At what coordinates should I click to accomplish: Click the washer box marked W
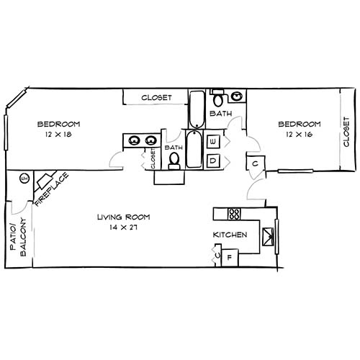click(213, 142)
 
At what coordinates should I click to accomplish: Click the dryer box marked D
click(213, 161)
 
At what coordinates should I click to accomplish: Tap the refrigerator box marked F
click(230, 257)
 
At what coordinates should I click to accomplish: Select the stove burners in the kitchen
click(234, 213)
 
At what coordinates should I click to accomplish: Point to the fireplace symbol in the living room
click(47, 180)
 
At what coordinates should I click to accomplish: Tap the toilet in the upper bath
click(219, 97)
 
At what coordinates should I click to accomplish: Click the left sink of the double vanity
click(132, 140)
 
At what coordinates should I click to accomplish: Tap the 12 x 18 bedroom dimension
click(58, 134)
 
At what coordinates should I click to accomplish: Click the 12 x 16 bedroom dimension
click(300, 135)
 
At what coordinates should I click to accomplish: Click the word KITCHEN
click(230, 235)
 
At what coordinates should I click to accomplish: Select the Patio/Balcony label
click(17, 238)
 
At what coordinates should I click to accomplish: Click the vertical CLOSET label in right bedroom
click(346, 131)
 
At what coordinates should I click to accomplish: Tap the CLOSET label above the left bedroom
click(156, 97)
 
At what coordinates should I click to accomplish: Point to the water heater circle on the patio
click(23, 179)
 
